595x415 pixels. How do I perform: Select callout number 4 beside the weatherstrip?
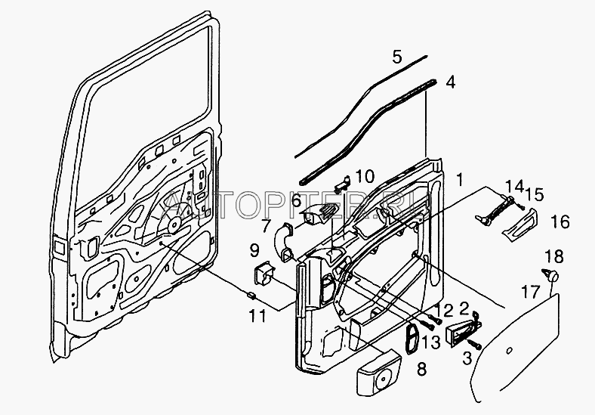450,82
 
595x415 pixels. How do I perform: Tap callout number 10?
364,177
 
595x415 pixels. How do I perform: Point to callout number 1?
460,181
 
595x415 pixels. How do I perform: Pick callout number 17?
532,290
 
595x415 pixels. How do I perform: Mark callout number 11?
257,315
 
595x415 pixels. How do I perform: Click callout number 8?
421,370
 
